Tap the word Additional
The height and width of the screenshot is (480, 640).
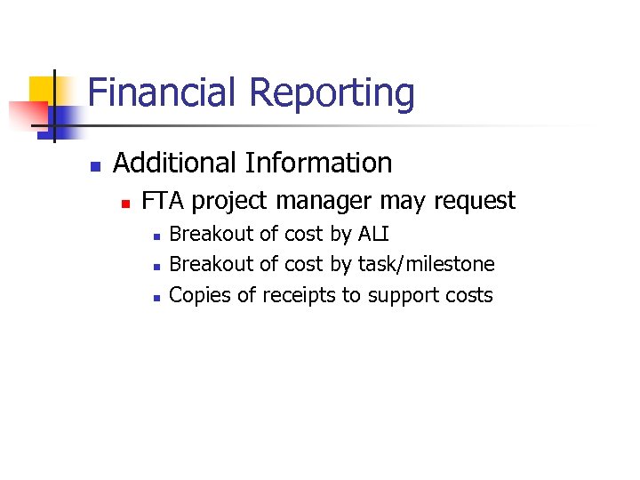coord(176,163)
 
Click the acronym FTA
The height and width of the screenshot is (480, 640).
coord(164,201)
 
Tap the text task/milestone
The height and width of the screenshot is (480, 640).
coord(426,265)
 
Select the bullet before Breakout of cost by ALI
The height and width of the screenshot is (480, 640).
coord(156,236)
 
